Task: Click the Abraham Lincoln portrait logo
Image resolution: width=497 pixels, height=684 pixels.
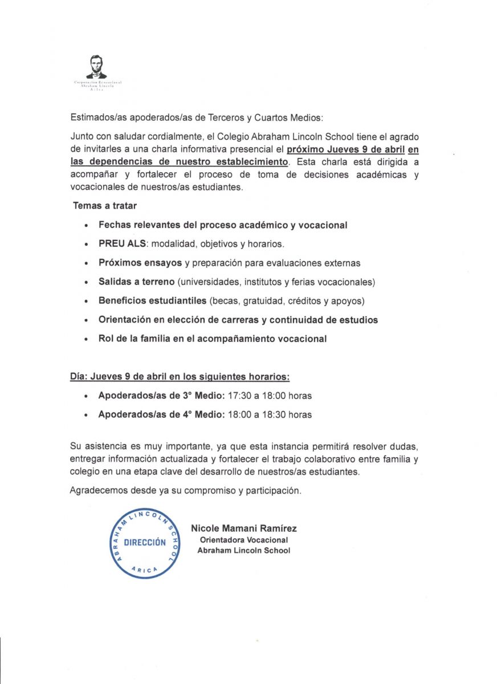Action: click(x=96, y=67)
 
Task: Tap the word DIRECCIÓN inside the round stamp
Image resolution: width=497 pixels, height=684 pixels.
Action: click(x=145, y=542)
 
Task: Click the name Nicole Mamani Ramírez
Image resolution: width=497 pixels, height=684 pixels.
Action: click(x=243, y=528)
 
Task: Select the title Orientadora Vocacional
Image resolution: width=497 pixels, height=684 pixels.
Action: click(x=243, y=540)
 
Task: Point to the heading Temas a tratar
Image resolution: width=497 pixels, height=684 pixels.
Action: click(x=105, y=206)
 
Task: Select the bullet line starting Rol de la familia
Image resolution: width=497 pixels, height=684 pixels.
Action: click(x=213, y=339)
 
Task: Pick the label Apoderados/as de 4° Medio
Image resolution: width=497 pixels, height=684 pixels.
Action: click(x=161, y=415)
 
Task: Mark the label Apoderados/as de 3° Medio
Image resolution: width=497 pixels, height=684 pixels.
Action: click(x=161, y=396)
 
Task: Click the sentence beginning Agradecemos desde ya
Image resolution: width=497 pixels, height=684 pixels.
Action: click(x=185, y=490)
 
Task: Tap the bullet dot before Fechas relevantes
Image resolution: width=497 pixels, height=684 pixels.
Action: click(x=85, y=226)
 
